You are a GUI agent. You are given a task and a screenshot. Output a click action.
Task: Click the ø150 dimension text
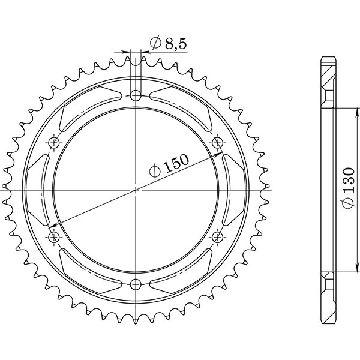(170, 166)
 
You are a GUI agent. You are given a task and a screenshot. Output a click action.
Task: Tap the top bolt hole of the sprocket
(136, 95)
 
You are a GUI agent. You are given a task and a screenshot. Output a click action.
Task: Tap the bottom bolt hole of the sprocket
(136, 283)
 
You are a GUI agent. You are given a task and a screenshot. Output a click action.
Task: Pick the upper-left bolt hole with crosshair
(55, 142)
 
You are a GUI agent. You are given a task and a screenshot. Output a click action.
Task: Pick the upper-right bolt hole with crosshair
(217, 142)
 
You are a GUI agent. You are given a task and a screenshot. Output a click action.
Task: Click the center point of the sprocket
(136, 190)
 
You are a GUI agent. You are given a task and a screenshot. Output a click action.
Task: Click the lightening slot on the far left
(40, 189)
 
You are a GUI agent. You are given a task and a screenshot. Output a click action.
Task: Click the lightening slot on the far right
(233, 189)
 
